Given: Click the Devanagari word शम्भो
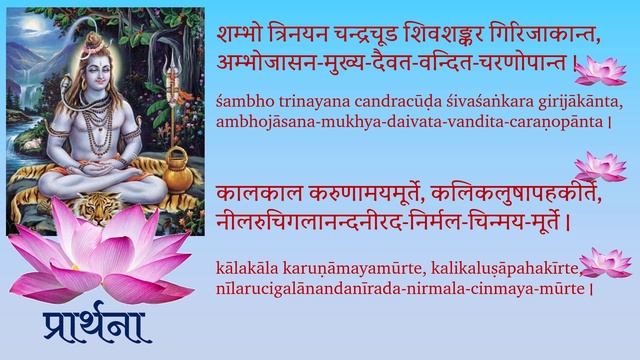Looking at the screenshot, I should pyautogui.click(x=241, y=36).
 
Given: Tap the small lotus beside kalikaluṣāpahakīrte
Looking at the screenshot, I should pyautogui.click(x=604, y=262).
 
